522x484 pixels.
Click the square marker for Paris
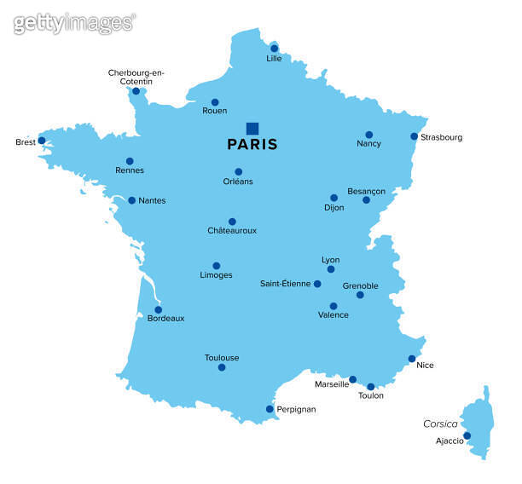coord(252,128)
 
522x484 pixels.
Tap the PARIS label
coord(252,145)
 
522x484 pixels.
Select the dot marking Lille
coord(274,49)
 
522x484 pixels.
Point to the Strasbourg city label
coord(442,137)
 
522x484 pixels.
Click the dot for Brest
coord(42,141)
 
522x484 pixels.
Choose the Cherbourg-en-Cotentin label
coord(136,77)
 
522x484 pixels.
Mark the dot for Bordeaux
coord(158,310)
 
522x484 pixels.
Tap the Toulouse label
coord(222,358)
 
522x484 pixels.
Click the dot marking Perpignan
coord(270,409)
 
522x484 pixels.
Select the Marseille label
coord(332,384)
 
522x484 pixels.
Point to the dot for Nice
coord(412,359)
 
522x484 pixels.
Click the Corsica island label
coord(441,423)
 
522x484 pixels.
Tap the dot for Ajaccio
coord(467,436)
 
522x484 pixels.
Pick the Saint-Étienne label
coord(286,284)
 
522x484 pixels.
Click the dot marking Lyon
coord(331,269)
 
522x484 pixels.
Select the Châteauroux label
coord(232,231)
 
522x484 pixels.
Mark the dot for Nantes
coord(132,200)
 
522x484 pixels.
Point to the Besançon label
coord(367,191)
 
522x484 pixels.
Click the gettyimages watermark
coord(74,23)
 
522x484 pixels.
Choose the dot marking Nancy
coord(369,135)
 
